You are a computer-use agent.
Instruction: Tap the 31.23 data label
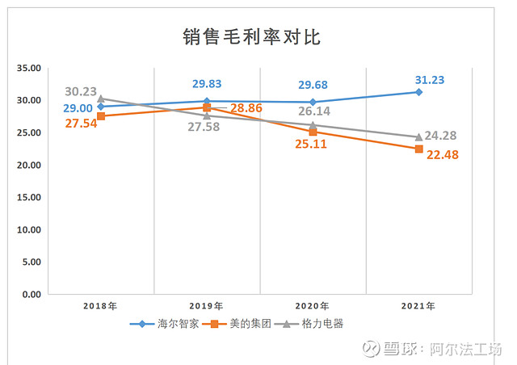tap(430, 80)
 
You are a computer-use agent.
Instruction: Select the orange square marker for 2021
tap(418, 149)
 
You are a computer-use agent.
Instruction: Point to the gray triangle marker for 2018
tap(100, 99)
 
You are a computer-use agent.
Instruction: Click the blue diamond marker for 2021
tap(418, 92)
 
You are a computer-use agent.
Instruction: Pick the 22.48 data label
tap(443, 155)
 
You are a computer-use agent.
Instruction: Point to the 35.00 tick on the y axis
tap(27, 68)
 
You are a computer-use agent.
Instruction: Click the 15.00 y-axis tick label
tap(27, 197)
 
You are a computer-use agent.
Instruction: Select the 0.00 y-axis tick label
tap(31, 294)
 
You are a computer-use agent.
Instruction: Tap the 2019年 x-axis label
tap(208, 307)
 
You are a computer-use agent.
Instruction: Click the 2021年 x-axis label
tap(418, 307)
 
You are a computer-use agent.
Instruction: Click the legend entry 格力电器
tap(319, 325)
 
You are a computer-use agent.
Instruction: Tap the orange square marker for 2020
tap(313, 132)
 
